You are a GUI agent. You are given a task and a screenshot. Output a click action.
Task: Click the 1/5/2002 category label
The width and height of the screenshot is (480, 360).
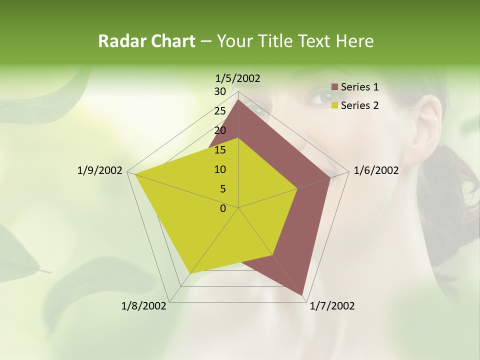[x=238, y=78]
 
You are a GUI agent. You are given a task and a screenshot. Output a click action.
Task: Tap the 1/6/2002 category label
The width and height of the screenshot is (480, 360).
[x=376, y=170]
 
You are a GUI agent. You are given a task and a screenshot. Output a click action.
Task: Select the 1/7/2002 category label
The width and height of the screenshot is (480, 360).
[x=332, y=306]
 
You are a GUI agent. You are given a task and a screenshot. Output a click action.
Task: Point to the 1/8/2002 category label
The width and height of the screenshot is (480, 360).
[x=144, y=306]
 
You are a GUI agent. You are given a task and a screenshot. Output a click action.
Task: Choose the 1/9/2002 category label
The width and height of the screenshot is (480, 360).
[x=99, y=170]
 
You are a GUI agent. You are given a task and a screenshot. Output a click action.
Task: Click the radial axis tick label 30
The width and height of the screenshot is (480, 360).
[x=220, y=91]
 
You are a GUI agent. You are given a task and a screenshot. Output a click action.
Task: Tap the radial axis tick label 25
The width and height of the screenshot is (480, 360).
[x=220, y=111]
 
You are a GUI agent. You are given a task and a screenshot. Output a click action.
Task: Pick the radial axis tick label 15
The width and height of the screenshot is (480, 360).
[x=220, y=150]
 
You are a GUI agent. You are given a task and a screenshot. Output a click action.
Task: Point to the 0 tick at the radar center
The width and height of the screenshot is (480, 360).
[x=223, y=208]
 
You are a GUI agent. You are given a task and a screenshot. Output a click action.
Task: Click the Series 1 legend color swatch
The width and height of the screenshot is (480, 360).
[x=335, y=87]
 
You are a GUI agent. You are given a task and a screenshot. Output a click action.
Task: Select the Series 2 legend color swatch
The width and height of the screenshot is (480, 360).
[x=335, y=105]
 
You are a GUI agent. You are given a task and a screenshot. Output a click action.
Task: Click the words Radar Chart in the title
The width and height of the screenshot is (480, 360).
[x=146, y=41]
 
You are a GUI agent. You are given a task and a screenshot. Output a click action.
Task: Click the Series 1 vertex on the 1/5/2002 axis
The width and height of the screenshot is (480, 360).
[x=238, y=100]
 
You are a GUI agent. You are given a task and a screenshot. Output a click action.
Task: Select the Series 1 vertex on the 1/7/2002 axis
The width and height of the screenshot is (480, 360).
[x=302, y=295]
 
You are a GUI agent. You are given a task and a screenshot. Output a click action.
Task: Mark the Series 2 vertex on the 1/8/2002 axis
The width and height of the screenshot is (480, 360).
[x=190, y=273]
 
